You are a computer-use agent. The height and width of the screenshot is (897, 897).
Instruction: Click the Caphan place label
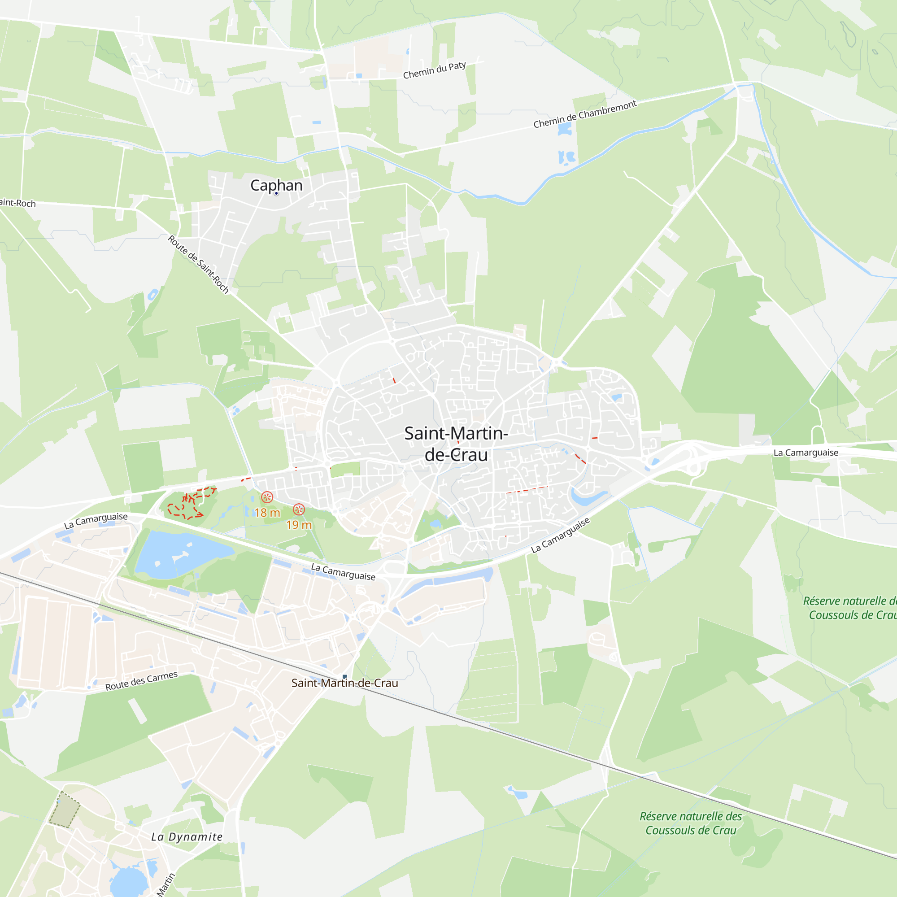point(276,185)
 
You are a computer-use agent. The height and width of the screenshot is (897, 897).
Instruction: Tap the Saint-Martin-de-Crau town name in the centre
point(456,444)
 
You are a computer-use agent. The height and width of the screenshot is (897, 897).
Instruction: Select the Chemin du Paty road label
point(434,70)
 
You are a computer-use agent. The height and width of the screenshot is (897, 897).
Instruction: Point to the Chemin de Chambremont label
point(584,114)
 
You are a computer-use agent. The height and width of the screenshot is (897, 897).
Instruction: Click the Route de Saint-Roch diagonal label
point(198,264)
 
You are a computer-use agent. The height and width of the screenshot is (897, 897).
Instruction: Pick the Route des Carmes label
point(141,681)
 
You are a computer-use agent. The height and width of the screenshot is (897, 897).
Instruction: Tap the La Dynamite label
point(187,836)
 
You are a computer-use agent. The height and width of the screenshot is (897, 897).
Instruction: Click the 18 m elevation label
point(267,513)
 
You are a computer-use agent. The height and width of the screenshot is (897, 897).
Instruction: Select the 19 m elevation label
point(299,525)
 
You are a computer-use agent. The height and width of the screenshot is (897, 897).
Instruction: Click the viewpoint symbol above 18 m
point(267,498)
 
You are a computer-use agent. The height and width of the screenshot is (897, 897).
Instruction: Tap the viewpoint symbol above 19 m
point(299,510)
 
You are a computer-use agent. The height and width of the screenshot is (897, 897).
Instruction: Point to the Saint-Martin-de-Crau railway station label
point(344,683)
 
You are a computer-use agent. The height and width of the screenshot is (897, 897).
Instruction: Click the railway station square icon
point(344,676)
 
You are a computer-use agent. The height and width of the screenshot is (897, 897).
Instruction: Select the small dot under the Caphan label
point(276,194)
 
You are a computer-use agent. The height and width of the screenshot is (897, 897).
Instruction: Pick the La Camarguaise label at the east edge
point(806,453)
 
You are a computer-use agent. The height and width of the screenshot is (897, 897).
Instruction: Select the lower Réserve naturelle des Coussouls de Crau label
point(690,823)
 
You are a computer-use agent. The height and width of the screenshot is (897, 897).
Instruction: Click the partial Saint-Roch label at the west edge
point(17,203)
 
